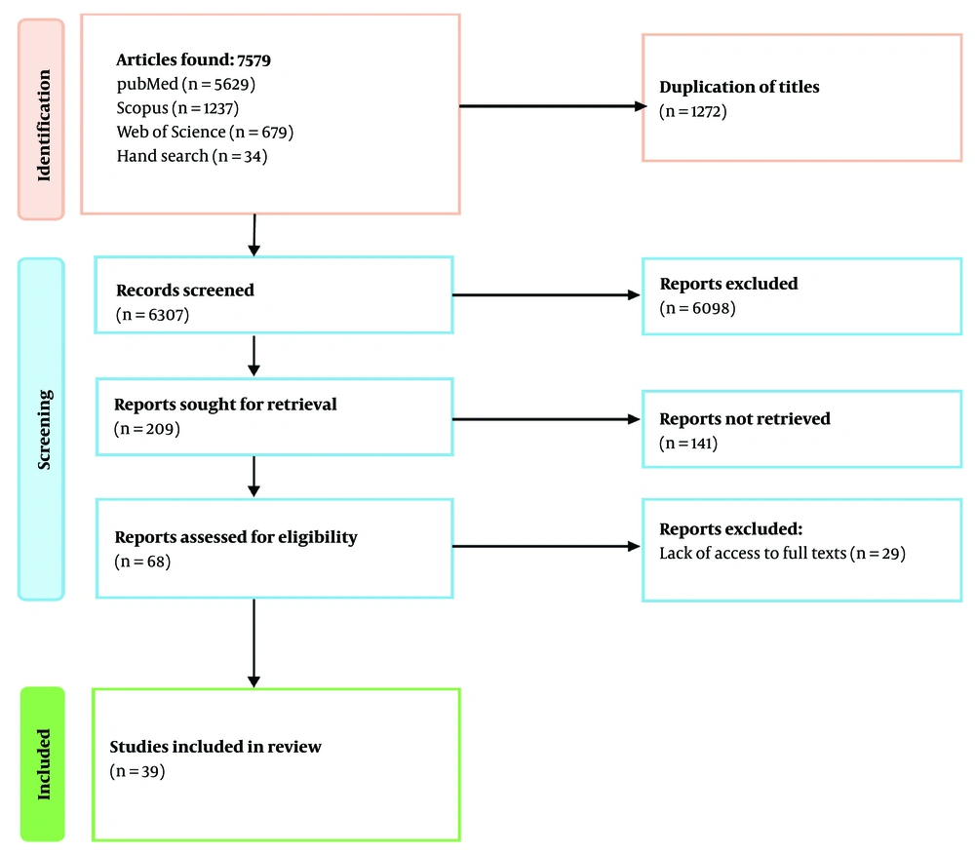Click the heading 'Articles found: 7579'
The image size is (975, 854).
coord(193,60)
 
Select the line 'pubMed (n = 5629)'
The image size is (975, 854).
coord(185,85)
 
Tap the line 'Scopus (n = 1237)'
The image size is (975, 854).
coord(177,108)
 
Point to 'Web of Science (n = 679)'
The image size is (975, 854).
coord(205,132)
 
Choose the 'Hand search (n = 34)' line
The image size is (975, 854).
coord(191,155)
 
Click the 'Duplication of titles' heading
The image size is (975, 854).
coord(739,88)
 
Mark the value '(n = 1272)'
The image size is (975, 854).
coord(693,111)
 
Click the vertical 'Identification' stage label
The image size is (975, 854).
coord(41,118)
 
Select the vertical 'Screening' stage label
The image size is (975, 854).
coord(41,429)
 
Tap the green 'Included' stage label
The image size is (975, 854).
coord(41,763)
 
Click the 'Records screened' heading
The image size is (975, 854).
coord(184,290)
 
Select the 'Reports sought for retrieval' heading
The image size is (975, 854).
coord(225,404)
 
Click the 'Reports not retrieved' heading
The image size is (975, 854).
coord(745,418)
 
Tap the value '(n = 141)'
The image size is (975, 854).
coord(688,443)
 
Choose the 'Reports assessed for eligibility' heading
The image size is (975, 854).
coord(236,537)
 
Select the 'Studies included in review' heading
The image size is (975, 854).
coord(215,748)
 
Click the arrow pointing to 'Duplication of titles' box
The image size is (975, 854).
coord(551,106)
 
